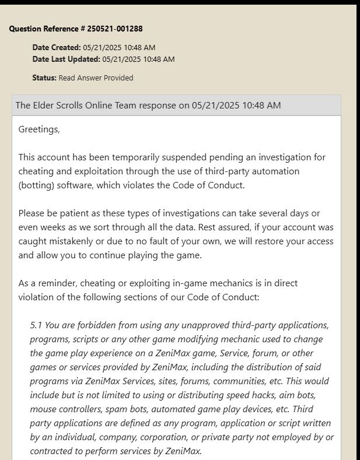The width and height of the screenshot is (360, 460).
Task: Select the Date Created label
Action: coord(57,47)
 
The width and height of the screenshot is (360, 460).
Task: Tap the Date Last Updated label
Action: coord(67,59)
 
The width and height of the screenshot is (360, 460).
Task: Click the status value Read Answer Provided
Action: coord(96,78)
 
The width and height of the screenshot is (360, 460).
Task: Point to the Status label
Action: coord(44,78)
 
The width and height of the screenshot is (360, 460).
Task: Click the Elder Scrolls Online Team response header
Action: coord(148,106)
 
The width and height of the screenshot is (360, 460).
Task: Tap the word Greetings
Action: coord(39,129)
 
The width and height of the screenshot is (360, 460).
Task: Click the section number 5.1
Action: coord(36,325)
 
